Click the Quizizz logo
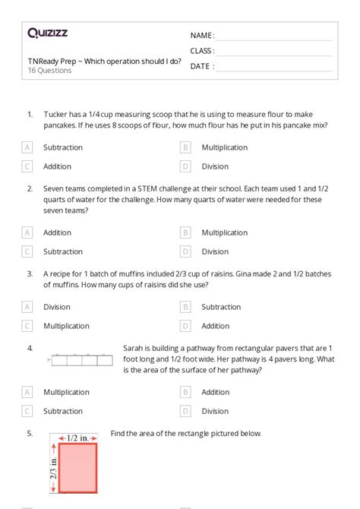48,33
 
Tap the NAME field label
201,36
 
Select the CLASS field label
202,51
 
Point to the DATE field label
201,66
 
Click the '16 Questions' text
49,71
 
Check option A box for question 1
27,147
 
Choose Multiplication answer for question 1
224,147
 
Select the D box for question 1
185,166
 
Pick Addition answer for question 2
57,232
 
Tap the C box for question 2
27,251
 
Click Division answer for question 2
215,251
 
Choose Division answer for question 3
57,307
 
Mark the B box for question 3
185,307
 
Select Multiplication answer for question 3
66,325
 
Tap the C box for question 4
27,411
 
